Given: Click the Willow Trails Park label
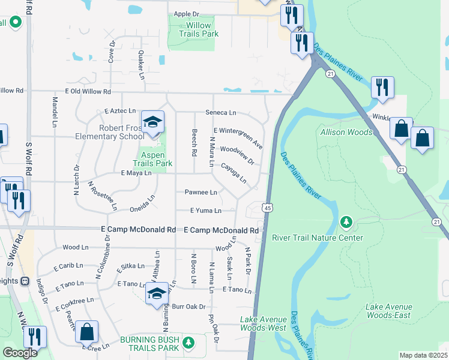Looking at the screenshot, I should coord(194,29).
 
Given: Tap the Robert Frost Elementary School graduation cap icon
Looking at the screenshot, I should coord(153,122).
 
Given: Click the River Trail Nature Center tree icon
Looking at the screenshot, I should coord(346,223).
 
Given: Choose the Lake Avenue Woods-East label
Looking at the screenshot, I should coord(388,311).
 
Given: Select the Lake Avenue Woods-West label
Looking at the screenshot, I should coord(263,323).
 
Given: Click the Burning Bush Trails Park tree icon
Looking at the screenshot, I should coord(189,342).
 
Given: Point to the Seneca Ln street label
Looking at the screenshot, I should coord(221,113).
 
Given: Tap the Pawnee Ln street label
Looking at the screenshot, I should coord(200,193).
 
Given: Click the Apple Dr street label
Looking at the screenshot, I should coord(185,14).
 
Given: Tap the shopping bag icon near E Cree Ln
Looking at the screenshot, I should coord(87,332).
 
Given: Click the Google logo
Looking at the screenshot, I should coord(20,353).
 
